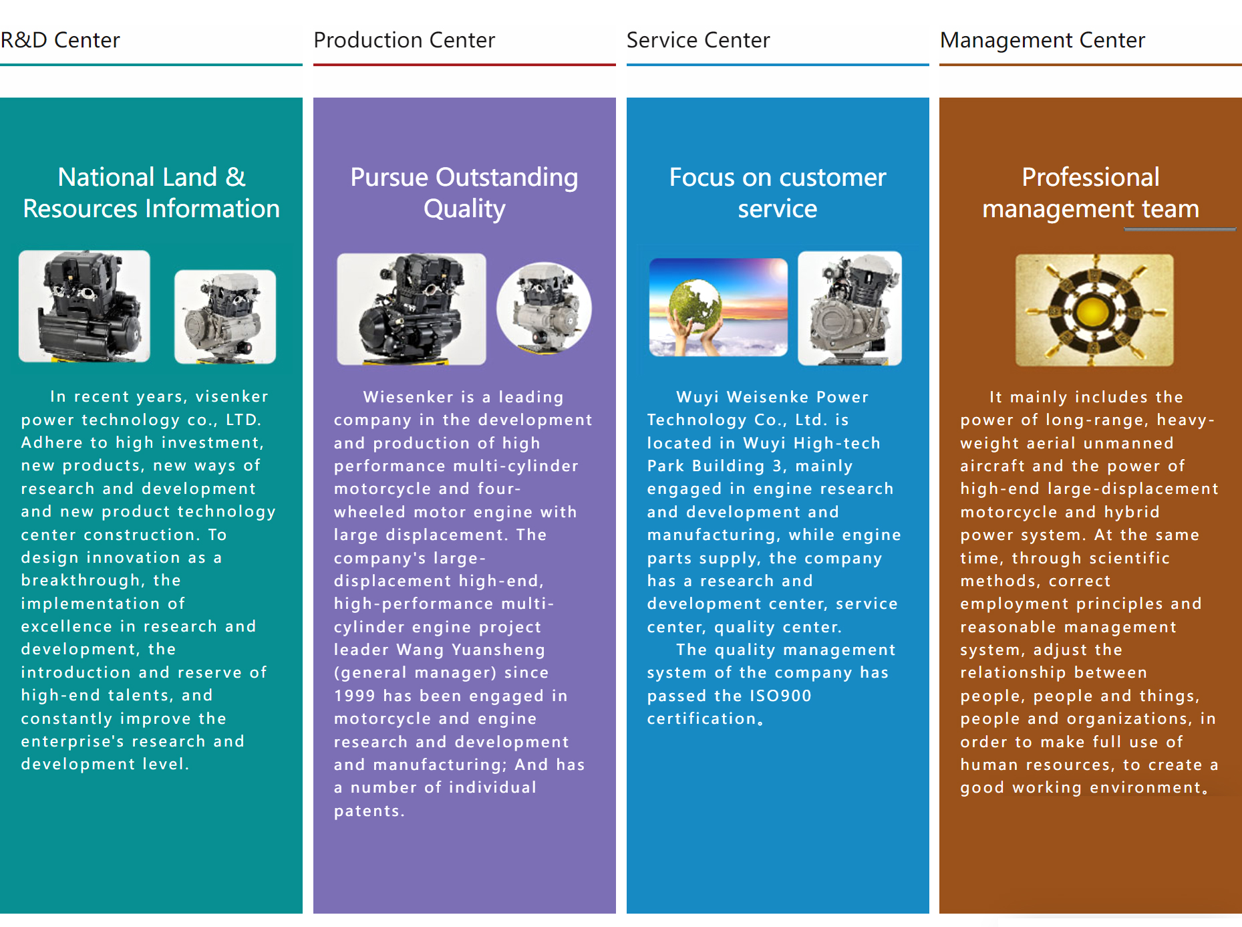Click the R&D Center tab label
pos(60,40)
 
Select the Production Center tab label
pos(404,40)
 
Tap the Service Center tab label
pos(698,40)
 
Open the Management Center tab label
pos(1042,41)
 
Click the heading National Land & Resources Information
pos(152,193)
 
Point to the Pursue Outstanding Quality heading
pos(464,193)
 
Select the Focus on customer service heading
pos(778,193)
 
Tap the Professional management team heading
pos(1091,193)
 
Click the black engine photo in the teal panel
pos(84,306)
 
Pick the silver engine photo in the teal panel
pos(225,317)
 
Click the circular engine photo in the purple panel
pos(544,307)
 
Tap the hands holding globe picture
pos(718,307)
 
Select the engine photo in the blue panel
pos(850,308)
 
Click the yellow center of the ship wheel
pos(1094,310)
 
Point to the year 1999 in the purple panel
pos(355,696)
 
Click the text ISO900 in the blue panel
pos(780,696)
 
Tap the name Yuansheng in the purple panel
pos(498,650)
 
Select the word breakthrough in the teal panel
pos(81,580)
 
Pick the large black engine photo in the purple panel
pos(412,309)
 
